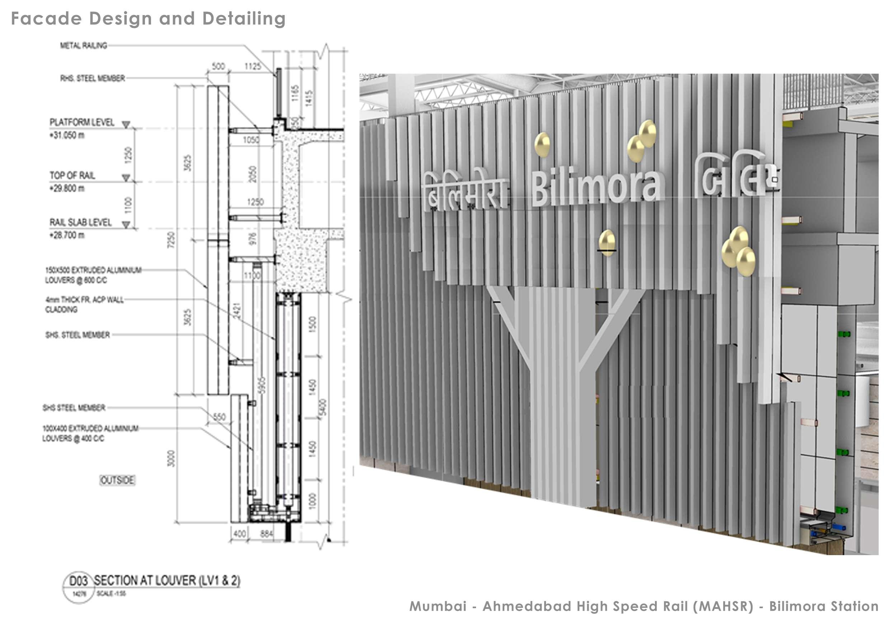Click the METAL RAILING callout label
pyautogui.click(x=83, y=46)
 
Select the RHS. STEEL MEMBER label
pyautogui.click(x=93, y=78)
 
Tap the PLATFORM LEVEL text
pyautogui.click(x=82, y=123)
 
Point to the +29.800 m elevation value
pyautogui.click(x=67, y=188)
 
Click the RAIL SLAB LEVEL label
pyautogui.click(x=80, y=222)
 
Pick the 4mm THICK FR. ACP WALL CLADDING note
pyautogui.click(x=84, y=304)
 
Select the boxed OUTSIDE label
pyautogui.click(x=117, y=480)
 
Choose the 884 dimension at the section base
pyautogui.click(x=266, y=534)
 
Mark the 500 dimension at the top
pyautogui.click(x=218, y=66)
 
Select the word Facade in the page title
pyautogui.click(x=47, y=19)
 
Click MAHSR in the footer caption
pyautogui.click(x=723, y=606)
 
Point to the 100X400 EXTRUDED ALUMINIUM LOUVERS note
pyautogui.click(x=90, y=433)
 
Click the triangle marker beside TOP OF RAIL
pyautogui.click(x=126, y=178)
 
